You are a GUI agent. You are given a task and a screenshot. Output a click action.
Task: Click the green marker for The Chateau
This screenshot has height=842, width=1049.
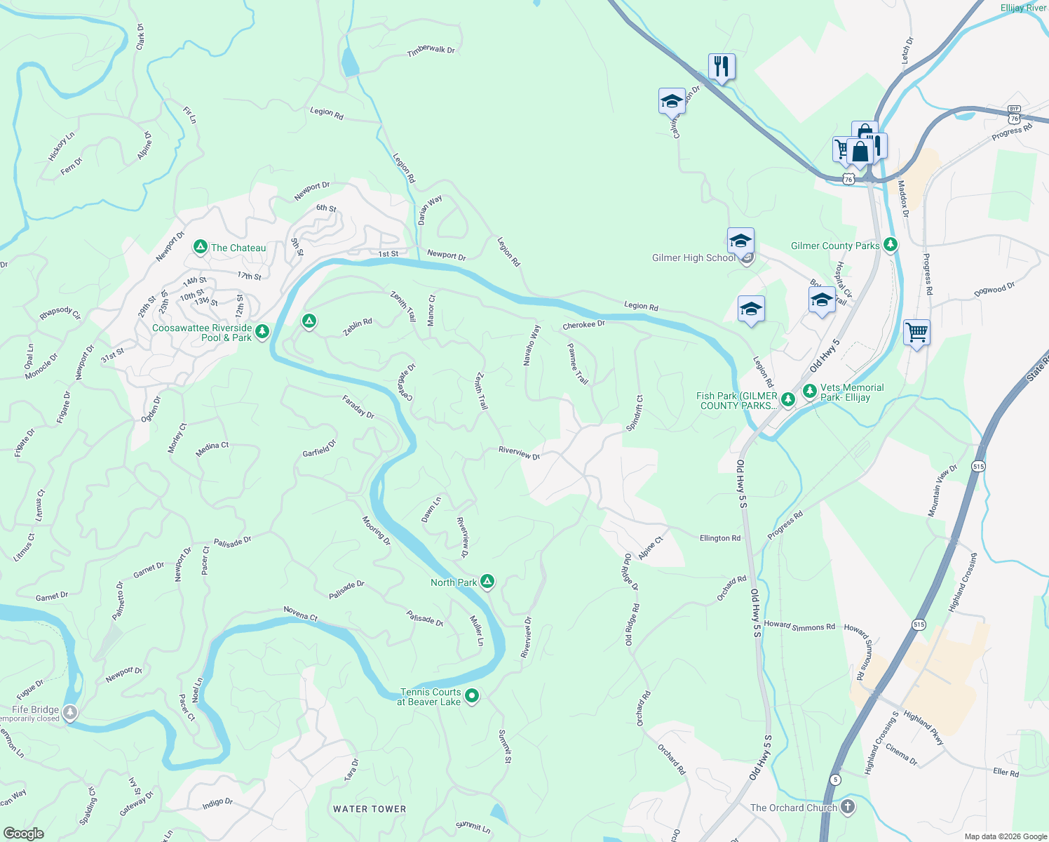click(x=200, y=247)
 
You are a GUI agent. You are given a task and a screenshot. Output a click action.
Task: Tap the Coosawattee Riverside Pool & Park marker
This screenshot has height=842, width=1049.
click(x=262, y=331)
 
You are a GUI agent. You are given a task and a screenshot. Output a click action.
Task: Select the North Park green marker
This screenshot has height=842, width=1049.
click(x=487, y=582)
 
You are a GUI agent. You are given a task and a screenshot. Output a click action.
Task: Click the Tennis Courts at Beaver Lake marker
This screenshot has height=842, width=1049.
click(x=472, y=696)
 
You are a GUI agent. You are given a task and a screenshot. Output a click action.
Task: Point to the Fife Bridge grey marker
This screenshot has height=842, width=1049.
click(x=69, y=713)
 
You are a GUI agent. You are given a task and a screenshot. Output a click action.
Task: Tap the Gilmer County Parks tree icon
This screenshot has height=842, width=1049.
click(x=891, y=245)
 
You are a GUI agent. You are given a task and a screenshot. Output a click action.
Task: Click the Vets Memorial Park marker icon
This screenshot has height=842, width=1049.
click(x=809, y=391)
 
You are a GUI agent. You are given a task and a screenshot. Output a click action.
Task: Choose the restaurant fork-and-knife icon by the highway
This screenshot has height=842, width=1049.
click(x=722, y=67)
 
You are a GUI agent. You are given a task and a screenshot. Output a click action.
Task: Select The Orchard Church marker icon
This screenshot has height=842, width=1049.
click(x=848, y=807)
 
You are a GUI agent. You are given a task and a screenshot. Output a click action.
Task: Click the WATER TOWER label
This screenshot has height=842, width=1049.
click(x=370, y=809)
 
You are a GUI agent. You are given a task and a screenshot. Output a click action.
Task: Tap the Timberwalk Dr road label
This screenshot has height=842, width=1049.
click(x=431, y=51)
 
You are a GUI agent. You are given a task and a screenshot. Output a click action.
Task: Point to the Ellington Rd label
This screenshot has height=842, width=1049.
click(x=719, y=538)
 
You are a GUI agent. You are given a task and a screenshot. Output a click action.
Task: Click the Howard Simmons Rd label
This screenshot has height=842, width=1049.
click(x=799, y=625)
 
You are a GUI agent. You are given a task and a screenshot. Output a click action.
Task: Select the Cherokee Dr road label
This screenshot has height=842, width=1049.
click(x=583, y=326)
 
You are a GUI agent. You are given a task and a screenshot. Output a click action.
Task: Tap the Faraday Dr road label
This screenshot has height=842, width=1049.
click(x=358, y=408)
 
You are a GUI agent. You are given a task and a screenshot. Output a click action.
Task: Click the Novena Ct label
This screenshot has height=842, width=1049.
click(x=300, y=614)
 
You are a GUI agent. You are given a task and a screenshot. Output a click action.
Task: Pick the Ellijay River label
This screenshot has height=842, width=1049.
click(x=1023, y=8)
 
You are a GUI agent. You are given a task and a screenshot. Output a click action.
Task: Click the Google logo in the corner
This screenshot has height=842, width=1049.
click(x=24, y=833)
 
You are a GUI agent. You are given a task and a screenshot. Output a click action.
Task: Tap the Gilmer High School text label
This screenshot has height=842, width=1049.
click(x=693, y=258)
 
